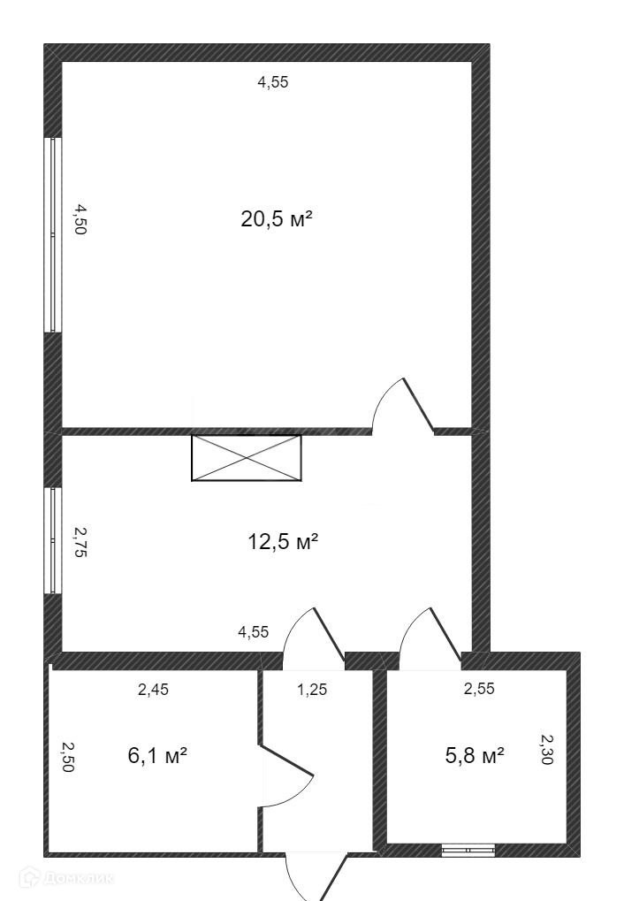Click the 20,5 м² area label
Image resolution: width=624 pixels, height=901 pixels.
point(277,219)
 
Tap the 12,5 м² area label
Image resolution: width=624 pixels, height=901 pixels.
point(283,541)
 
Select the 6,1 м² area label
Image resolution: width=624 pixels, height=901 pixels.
point(157,755)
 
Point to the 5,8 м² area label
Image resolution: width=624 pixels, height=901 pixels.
point(475,755)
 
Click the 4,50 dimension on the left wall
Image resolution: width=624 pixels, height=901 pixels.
point(80,219)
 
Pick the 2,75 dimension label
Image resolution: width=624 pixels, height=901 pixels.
point(80,542)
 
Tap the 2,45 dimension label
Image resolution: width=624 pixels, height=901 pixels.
point(154,689)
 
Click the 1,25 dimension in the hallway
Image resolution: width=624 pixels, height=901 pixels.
point(312,689)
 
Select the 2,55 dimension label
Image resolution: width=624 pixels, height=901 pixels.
point(479,689)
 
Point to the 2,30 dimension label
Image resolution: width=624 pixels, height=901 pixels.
point(547,749)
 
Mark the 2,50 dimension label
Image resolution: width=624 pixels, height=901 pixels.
point(68,757)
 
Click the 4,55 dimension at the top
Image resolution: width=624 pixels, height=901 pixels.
point(273,82)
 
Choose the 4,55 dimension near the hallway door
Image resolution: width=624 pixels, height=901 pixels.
point(254,632)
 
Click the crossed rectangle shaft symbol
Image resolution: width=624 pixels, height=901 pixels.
point(247,457)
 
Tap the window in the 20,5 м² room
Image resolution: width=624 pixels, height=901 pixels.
point(53,234)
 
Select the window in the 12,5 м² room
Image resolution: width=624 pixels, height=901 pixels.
point(53,541)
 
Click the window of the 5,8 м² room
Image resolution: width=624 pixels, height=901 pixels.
point(468,850)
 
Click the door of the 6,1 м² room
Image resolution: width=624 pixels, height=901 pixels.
point(286,775)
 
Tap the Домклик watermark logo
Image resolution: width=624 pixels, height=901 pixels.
point(66,878)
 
